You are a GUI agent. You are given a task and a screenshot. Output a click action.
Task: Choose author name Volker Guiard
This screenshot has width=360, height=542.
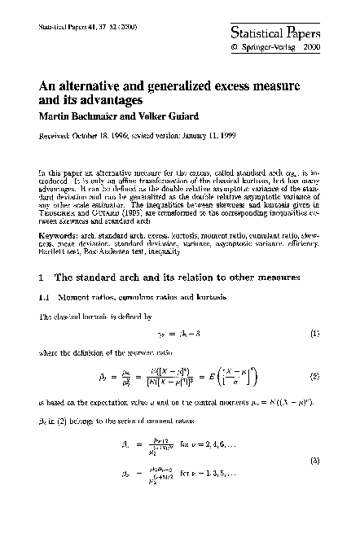tap(169, 115)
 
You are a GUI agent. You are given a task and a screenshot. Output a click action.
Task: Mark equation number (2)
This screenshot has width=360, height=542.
tap(314, 378)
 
